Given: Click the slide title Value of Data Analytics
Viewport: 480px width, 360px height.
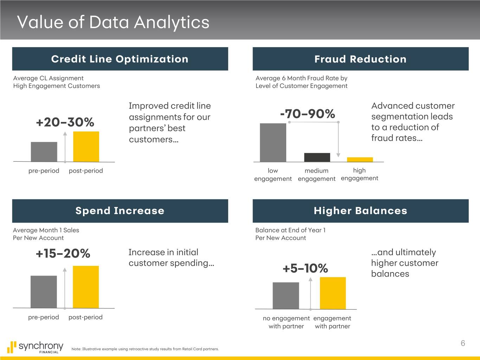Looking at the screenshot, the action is pyautogui.click(x=113, y=22).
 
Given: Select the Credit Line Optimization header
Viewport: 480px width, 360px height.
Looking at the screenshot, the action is pyautogui.click(x=120, y=59).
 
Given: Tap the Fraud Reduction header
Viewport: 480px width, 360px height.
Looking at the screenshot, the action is pyautogui.click(x=360, y=59).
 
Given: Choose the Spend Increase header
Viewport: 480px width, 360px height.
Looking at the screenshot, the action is pyautogui.click(x=120, y=211).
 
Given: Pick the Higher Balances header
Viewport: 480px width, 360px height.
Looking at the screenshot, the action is pyautogui.click(x=360, y=211).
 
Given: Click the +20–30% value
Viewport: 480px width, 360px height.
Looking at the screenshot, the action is pyautogui.click(x=65, y=122).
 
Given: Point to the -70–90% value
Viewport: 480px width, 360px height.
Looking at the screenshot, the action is pyautogui.click(x=307, y=114).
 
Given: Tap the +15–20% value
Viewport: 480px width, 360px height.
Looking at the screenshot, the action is pyautogui.click(x=63, y=253).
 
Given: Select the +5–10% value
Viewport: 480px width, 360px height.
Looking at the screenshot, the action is pyautogui.click(x=305, y=268).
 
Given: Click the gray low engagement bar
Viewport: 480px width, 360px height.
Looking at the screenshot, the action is pyautogui.click(x=273, y=142).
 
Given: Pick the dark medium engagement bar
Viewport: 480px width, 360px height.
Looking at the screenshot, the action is pyautogui.click(x=317, y=157).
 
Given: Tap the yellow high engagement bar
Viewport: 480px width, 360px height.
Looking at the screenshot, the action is pyautogui.click(x=360, y=160).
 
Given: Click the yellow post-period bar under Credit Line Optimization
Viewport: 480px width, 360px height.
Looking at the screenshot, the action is pyautogui.click(x=86, y=147).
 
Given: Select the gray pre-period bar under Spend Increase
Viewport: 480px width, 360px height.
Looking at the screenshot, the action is pyautogui.click(x=44, y=292).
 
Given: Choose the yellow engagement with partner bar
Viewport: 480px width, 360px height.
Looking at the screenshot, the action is pyautogui.click(x=333, y=293).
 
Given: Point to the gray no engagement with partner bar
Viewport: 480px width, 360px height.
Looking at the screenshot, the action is pyautogui.click(x=286, y=296).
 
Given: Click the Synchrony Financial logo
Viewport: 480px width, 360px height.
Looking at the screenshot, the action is pyautogui.click(x=35, y=347).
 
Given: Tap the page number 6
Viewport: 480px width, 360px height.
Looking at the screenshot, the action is pyautogui.click(x=463, y=343).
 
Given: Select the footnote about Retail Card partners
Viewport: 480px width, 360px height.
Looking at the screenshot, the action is pyautogui.click(x=145, y=349).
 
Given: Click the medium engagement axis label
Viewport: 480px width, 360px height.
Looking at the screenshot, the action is pyautogui.click(x=316, y=175).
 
